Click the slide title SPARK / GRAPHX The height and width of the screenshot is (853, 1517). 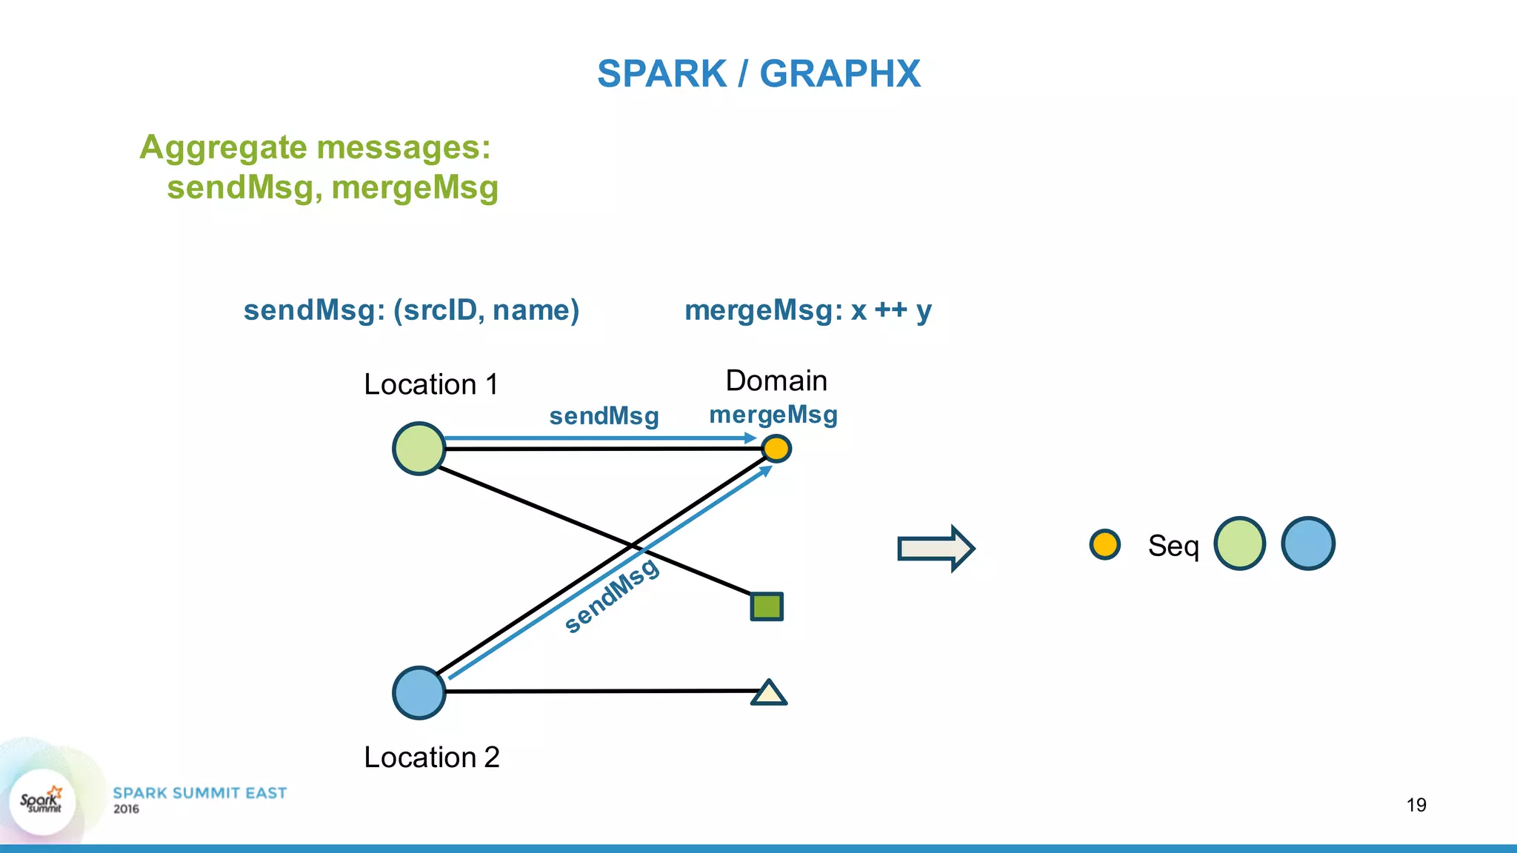[x=758, y=74]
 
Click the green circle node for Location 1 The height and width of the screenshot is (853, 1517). [x=419, y=449]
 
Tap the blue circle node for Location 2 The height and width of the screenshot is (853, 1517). [x=419, y=692]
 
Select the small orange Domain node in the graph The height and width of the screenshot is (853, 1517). [x=776, y=448]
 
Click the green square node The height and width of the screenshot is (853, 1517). [x=767, y=606]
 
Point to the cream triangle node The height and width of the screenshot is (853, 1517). [x=769, y=694]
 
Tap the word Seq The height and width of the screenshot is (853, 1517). [x=1173, y=546]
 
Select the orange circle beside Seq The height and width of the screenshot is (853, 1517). [x=1104, y=544]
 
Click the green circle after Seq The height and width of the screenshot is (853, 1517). [x=1239, y=543]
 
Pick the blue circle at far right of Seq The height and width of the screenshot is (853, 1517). [x=1307, y=543]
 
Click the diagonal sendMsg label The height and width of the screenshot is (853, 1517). [x=611, y=595]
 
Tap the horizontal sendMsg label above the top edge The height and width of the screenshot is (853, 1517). [x=604, y=416]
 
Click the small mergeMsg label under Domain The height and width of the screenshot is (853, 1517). [x=773, y=415]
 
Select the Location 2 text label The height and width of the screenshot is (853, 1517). [x=432, y=757]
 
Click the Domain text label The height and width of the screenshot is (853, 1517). [x=776, y=381]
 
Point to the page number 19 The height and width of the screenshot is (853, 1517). [x=1416, y=805]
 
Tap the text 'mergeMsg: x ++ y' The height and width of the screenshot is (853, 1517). [x=807, y=310]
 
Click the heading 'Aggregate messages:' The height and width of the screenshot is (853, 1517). [x=315, y=147]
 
